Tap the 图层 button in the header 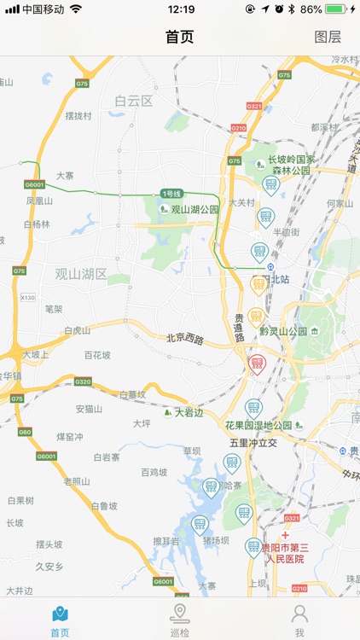click(x=328, y=37)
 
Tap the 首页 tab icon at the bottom click(x=60, y=614)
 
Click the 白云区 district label click(x=133, y=101)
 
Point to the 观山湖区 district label click(x=81, y=274)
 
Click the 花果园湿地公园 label click(x=258, y=425)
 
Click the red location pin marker click(x=257, y=364)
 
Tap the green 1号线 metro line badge click(x=171, y=194)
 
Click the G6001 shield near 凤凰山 click(x=34, y=184)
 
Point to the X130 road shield click(x=28, y=297)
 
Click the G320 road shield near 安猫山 click(x=83, y=381)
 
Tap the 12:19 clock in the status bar click(x=181, y=9)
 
